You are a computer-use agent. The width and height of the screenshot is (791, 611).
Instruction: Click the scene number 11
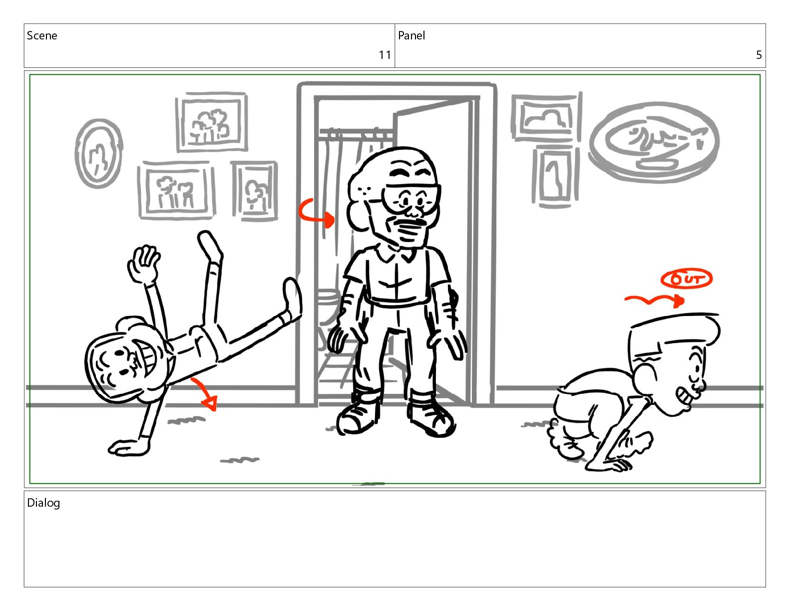pyautogui.click(x=385, y=55)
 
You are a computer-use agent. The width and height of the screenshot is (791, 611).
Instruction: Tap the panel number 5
pyautogui.click(x=759, y=55)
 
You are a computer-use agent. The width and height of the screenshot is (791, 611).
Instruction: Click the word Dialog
pyautogui.click(x=43, y=503)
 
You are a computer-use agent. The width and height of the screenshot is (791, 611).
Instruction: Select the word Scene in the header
pyautogui.click(x=42, y=35)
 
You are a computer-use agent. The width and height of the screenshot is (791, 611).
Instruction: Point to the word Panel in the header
pyautogui.click(x=411, y=35)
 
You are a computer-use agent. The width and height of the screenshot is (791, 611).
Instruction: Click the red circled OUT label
pyautogui.click(x=686, y=280)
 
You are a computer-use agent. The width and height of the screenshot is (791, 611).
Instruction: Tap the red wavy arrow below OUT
pyautogui.click(x=654, y=300)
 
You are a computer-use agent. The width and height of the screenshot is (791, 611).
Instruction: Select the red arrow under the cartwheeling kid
pyautogui.click(x=205, y=394)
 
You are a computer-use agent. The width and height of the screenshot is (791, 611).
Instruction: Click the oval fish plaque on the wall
pyautogui.click(x=654, y=142)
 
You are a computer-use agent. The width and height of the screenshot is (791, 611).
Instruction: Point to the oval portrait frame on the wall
pyautogui.click(x=98, y=153)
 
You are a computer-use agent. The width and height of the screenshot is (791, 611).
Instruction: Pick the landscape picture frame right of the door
pyautogui.click(x=546, y=117)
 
